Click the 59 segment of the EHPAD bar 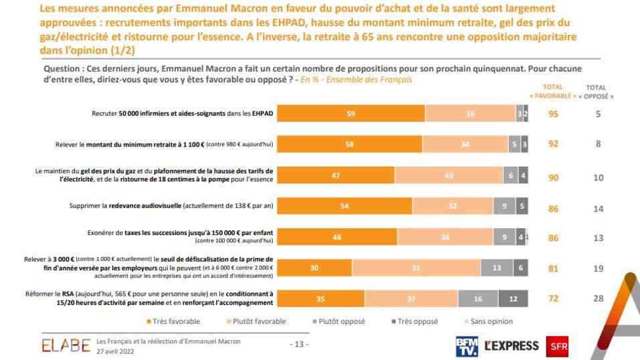350,114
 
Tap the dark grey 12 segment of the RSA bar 513,298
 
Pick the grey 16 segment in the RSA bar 478,298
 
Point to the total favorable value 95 553,114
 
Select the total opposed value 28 599,298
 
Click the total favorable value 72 553,298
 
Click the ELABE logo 66,345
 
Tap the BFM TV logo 466,345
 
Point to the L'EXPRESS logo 512,345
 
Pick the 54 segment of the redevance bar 344,205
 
